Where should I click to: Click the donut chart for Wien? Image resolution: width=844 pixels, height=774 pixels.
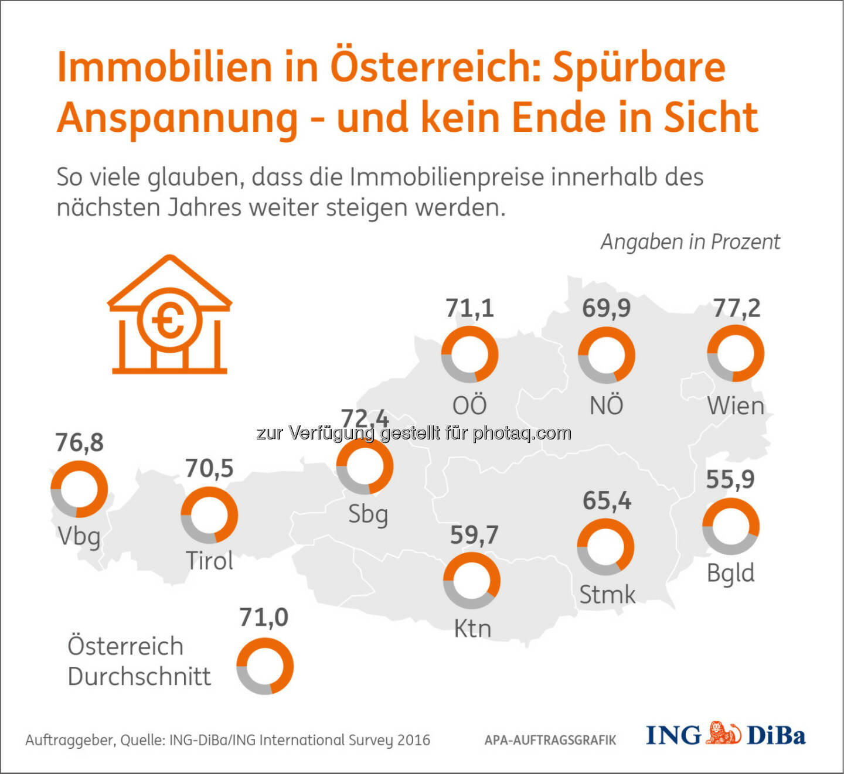[x=736, y=354]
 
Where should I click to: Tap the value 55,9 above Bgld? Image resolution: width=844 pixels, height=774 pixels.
[x=730, y=479]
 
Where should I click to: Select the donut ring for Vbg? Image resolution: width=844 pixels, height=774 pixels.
[x=79, y=489]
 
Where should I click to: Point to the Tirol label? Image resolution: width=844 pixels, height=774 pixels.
[x=209, y=561]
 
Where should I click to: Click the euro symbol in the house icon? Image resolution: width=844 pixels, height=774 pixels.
[x=169, y=321]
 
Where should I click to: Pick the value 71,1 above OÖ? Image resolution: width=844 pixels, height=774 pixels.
[x=469, y=308]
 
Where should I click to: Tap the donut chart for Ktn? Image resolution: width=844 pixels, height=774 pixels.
[x=472, y=581]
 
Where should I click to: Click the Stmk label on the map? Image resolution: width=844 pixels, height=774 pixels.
[x=607, y=595]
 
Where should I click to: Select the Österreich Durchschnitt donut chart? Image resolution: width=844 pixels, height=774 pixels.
[x=265, y=666]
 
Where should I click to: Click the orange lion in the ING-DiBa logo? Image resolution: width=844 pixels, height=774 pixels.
[x=723, y=734]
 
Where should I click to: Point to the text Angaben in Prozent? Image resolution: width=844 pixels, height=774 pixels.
[x=690, y=242]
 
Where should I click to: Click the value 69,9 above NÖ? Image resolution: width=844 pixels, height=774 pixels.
[x=606, y=308]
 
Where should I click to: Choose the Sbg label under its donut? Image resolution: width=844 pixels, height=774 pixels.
[x=368, y=515]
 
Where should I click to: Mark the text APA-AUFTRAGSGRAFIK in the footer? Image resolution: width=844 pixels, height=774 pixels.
[x=550, y=741]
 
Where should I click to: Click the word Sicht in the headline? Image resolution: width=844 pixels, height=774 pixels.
[x=710, y=117]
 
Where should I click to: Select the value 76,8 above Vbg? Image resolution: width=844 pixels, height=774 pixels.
[x=79, y=443]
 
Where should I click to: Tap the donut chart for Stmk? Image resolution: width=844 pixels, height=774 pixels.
[x=605, y=547]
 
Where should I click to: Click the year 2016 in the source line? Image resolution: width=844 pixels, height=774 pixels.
[x=414, y=740]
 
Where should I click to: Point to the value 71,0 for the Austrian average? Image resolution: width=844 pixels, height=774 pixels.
[x=264, y=618]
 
